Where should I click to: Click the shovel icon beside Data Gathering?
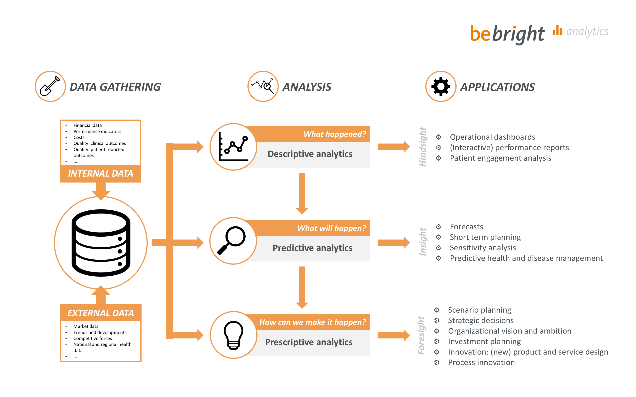pyautogui.click(x=50, y=86)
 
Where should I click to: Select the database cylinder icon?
pyautogui.click(x=101, y=243)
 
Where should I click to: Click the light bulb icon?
pyautogui.click(x=233, y=335)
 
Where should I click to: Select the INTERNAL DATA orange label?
pyautogui.click(x=101, y=174)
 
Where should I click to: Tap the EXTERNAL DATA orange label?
pyautogui.click(x=101, y=313)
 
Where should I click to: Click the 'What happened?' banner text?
pyautogui.click(x=334, y=134)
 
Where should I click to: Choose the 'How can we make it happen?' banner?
pyautogui.click(x=312, y=322)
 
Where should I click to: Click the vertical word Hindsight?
pyautogui.click(x=422, y=147)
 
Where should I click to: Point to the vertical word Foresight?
pyautogui.click(x=421, y=335)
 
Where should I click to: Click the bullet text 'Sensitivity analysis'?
pyautogui.click(x=483, y=248)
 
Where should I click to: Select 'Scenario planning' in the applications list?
pyautogui.click(x=479, y=310)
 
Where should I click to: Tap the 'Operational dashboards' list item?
pyautogui.click(x=492, y=137)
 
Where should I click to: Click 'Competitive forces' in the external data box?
pyautogui.click(x=92, y=338)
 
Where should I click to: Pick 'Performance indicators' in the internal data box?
pyautogui.click(x=97, y=131)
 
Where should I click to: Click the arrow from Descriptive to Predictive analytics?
pyautogui.click(x=302, y=193)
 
